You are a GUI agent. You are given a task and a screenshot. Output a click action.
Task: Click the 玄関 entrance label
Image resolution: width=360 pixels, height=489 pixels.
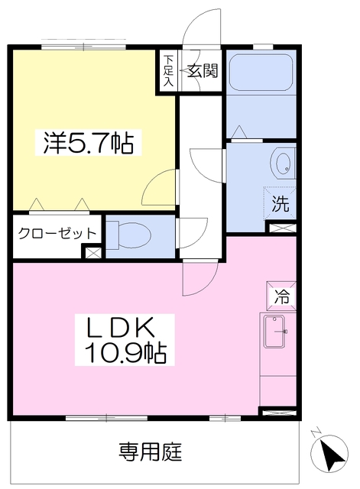click(x=202, y=71)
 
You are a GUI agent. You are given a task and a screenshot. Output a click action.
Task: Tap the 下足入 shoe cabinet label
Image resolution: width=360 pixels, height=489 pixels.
click(x=168, y=71)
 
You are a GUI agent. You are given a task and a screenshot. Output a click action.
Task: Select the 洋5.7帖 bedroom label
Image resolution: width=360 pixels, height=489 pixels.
click(x=89, y=143)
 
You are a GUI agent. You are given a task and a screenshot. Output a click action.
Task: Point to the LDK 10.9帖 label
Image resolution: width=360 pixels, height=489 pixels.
click(x=125, y=339)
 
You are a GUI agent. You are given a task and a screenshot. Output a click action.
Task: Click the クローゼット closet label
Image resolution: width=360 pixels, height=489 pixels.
click(x=57, y=233)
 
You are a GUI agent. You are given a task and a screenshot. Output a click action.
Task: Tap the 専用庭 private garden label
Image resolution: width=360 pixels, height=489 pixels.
click(x=150, y=452)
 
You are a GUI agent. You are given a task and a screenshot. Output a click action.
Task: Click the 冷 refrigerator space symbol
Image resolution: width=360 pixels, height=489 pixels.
click(x=281, y=296)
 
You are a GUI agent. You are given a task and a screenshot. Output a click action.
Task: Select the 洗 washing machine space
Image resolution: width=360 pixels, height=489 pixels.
click(x=280, y=203)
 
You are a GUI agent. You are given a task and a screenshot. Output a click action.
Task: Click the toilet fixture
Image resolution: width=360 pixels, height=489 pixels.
click(x=129, y=235)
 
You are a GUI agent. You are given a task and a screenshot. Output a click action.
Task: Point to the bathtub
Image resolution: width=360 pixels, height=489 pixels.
click(x=261, y=73)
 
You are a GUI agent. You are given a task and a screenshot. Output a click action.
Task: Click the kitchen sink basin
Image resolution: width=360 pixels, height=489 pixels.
click(x=274, y=331)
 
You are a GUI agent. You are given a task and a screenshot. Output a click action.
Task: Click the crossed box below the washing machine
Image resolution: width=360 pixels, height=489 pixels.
click(x=282, y=228)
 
